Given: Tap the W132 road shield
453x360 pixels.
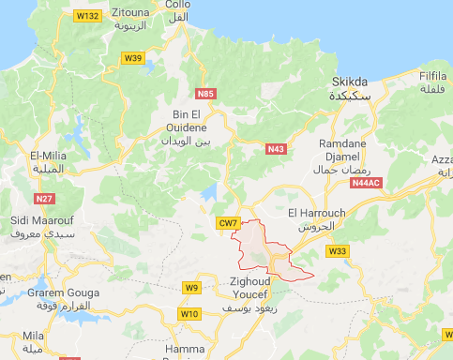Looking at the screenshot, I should pos(89,17).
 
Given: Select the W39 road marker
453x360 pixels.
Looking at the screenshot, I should pos(133,58).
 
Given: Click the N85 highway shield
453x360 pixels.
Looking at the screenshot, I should pos(205,93).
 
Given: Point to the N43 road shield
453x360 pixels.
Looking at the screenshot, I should pos(276,150).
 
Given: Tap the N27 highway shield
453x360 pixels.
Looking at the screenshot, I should pos(43,198).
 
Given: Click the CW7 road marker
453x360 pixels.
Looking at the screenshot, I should pos(228,223).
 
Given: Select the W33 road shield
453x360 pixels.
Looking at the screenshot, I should pos(338,251).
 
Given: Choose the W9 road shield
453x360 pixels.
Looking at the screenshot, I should pos(192,287).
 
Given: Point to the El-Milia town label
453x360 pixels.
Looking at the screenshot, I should pos(48,157).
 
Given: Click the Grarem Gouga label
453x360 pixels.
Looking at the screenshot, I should pos(58,293).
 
